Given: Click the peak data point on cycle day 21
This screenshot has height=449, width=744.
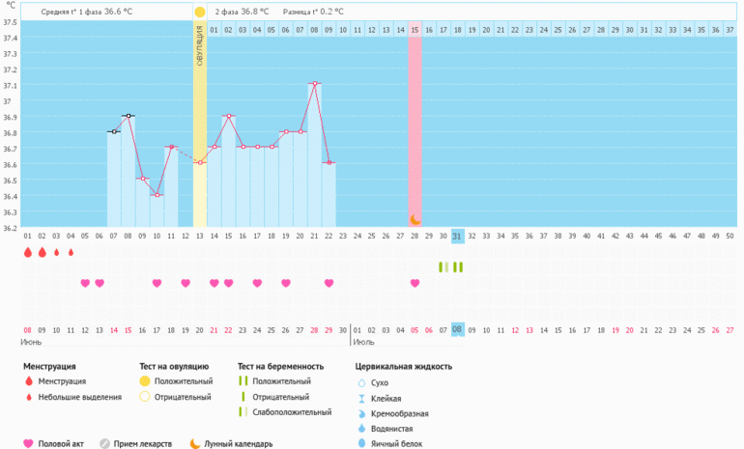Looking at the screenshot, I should pyautogui.click(x=315, y=84).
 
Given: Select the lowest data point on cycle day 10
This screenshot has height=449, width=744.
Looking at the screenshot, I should pyautogui.click(x=157, y=195).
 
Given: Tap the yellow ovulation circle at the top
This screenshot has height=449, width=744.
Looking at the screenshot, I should pyautogui.click(x=200, y=13).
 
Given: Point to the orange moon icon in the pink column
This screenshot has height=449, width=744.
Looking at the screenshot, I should pyautogui.click(x=415, y=220).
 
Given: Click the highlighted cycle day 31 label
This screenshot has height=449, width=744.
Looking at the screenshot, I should pyautogui.click(x=458, y=236).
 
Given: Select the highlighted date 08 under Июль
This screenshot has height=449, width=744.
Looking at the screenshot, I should pyautogui.click(x=458, y=329).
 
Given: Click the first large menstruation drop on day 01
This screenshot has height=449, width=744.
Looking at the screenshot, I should pyautogui.click(x=28, y=252).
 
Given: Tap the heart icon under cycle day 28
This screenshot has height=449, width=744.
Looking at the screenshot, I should pyautogui.click(x=415, y=283).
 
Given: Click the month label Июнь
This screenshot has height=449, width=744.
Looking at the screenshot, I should pyautogui.click(x=34, y=342).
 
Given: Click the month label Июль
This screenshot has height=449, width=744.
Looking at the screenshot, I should pyautogui.click(x=364, y=342).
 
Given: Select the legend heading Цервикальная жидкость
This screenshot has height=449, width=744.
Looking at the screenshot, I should pyautogui.click(x=404, y=367).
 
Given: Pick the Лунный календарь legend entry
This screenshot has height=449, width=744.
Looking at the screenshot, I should pyautogui.click(x=238, y=444).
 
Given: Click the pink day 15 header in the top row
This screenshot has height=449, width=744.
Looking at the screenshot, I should pyautogui.click(x=415, y=30).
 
